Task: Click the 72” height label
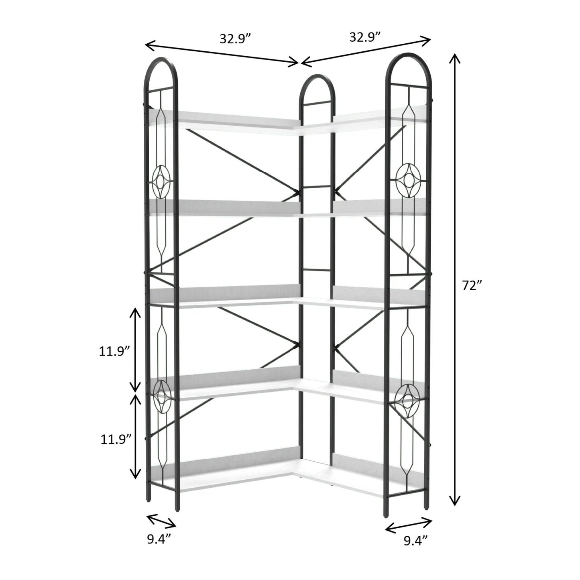coord(472,286)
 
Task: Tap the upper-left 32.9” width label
coord(235,39)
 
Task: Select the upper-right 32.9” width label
coord(365,37)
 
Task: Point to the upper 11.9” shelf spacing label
coord(115,351)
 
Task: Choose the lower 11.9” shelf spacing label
coord(116,440)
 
